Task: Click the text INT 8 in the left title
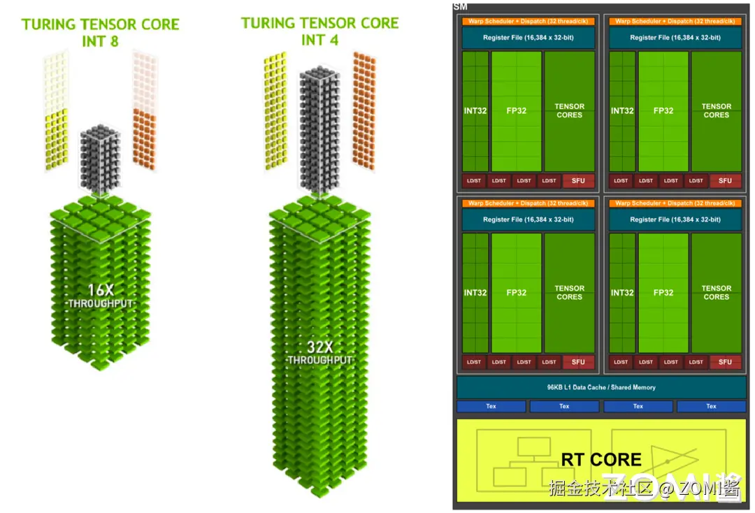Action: (100, 41)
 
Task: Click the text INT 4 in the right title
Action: (319, 40)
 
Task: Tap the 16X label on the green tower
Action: (100, 289)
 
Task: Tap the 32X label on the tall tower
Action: (319, 347)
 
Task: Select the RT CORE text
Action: (601, 459)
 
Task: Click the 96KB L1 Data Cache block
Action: (601, 387)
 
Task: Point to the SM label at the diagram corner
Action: (460, 6)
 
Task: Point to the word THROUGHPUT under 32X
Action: (319, 360)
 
